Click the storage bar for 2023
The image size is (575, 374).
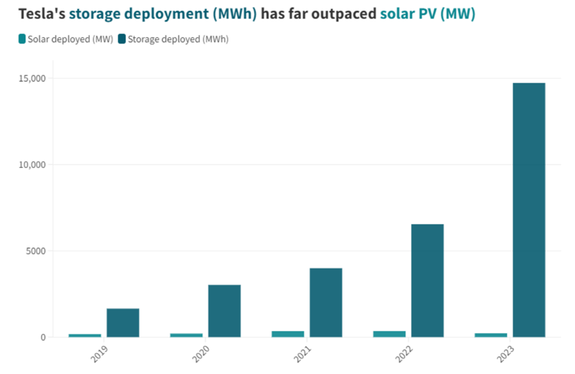click(x=529, y=210)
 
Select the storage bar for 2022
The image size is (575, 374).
click(x=427, y=281)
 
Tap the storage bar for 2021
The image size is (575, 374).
click(x=326, y=302)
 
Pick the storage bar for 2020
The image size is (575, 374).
click(x=224, y=311)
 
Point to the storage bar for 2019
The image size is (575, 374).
click(x=122, y=323)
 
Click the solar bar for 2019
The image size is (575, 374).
click(x=85, y=335)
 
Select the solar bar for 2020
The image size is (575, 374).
click(x=186, y=335)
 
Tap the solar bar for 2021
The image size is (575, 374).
click(x=288, y=334)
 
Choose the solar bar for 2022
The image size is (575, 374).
click(x=389, y=334)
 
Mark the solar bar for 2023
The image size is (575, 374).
click(x=491, y=335)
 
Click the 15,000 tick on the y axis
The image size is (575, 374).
click(x=32, y=78)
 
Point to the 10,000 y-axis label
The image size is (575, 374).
click(x=32, y=165)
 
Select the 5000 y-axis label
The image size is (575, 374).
click(x=35, y=251)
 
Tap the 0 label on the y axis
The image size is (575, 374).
click(x=43, y=337)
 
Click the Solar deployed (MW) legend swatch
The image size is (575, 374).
click(x=22, y=39)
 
